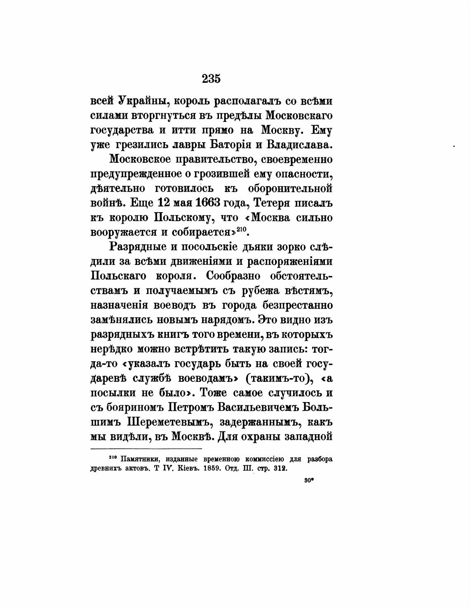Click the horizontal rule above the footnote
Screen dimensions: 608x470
click(146, 449)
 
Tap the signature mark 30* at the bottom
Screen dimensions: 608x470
click(310, 480)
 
